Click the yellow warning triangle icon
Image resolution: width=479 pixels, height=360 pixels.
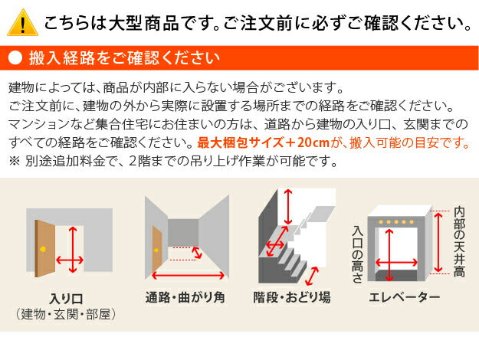[24, 22]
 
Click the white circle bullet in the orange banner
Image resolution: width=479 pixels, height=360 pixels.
[15, 58]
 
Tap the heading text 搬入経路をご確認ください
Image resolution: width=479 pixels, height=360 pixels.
[123, 58]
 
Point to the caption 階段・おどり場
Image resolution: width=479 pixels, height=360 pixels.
[291, 297]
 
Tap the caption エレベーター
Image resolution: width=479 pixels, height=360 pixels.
[404, 297]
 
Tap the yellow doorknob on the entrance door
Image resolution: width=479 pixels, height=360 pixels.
[42, 250]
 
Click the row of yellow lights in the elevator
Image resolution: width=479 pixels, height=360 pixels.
[399, 222]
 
